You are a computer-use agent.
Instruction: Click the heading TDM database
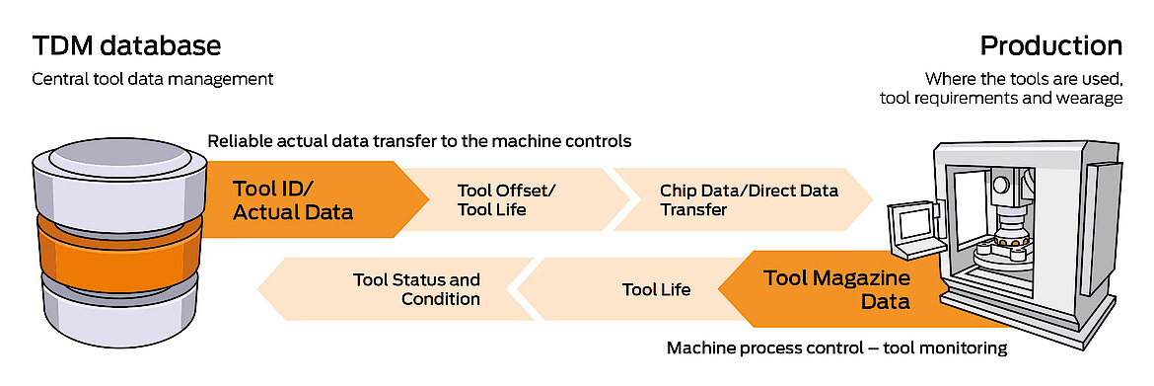[x=126, y=45]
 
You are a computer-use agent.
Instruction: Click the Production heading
[x=1050, y=45]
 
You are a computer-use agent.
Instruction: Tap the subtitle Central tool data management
[x=153, y=78]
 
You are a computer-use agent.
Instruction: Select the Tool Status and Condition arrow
[x=404, y=289]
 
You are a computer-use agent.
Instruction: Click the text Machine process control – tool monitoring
[x=836, y=347]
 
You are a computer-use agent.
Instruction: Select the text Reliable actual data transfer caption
[x=419, y=141]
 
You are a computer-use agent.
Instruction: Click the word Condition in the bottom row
[x=441, y=298]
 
